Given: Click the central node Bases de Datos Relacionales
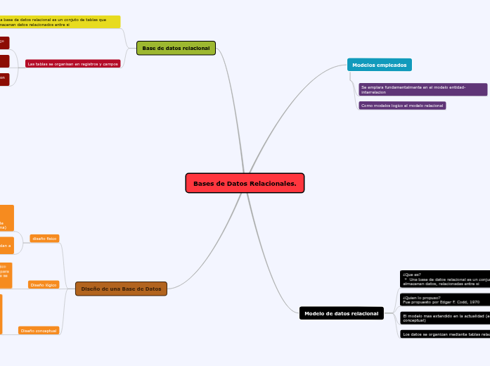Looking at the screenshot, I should point(245,183).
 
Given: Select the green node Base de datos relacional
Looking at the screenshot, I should point(176,48).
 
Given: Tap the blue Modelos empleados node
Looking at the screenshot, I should point(379,65).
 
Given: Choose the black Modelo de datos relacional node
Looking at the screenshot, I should point(341,313).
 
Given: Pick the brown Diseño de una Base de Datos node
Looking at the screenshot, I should point(121,289).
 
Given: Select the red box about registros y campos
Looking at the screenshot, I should point(72,63).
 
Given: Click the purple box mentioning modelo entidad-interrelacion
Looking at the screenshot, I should point(423,89).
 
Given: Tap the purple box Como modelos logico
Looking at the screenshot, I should point(402,106).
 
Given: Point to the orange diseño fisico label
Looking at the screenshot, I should point(44,239).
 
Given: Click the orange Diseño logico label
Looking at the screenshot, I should point(44,285).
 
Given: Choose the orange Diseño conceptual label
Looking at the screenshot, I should point(39,330).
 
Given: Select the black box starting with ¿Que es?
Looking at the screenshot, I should point(444,279).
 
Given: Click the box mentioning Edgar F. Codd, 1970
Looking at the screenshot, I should point(444,299).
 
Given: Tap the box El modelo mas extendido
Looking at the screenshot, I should point(444,318).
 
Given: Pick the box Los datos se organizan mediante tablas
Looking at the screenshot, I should point(444,334).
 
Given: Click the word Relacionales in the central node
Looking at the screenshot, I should point(273,183).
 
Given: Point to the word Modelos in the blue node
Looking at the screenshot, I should point(363,65).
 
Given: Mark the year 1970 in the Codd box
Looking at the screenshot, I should point(475,301).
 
